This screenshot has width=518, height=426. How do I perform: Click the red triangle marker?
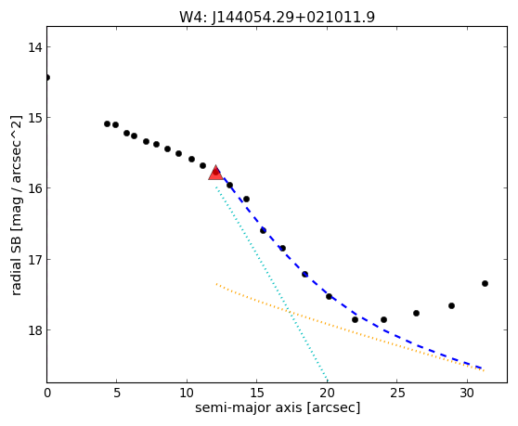(215, 173)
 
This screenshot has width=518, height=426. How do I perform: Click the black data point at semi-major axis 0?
(47, 78)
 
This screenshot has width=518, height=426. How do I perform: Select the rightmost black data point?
(485, 283)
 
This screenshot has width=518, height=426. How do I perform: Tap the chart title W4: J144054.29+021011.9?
(277, 17)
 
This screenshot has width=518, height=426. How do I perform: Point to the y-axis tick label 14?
(34, 47)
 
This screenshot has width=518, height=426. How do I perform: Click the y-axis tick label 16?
(34, 188)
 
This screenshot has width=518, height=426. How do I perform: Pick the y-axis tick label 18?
(34, 329)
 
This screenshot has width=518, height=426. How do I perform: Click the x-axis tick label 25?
(396, 393)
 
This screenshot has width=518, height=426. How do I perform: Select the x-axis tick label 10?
(187, 393)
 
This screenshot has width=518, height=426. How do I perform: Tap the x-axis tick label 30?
(467, 393)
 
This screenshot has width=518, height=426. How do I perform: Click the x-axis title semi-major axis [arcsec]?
(278, 407)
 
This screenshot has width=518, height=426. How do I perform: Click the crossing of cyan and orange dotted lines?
(290, 311)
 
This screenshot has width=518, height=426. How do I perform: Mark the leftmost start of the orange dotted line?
(216, 284)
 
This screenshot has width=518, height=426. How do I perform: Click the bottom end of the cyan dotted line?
(327, 381)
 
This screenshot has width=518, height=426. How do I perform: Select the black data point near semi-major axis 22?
(355, 319)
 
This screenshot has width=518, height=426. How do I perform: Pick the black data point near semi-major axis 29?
(451, 305)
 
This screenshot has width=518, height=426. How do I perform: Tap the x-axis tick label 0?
(47, 393)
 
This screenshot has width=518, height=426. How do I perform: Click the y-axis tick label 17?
(34, 260)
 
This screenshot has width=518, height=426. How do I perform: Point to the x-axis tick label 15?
(257, 393)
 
